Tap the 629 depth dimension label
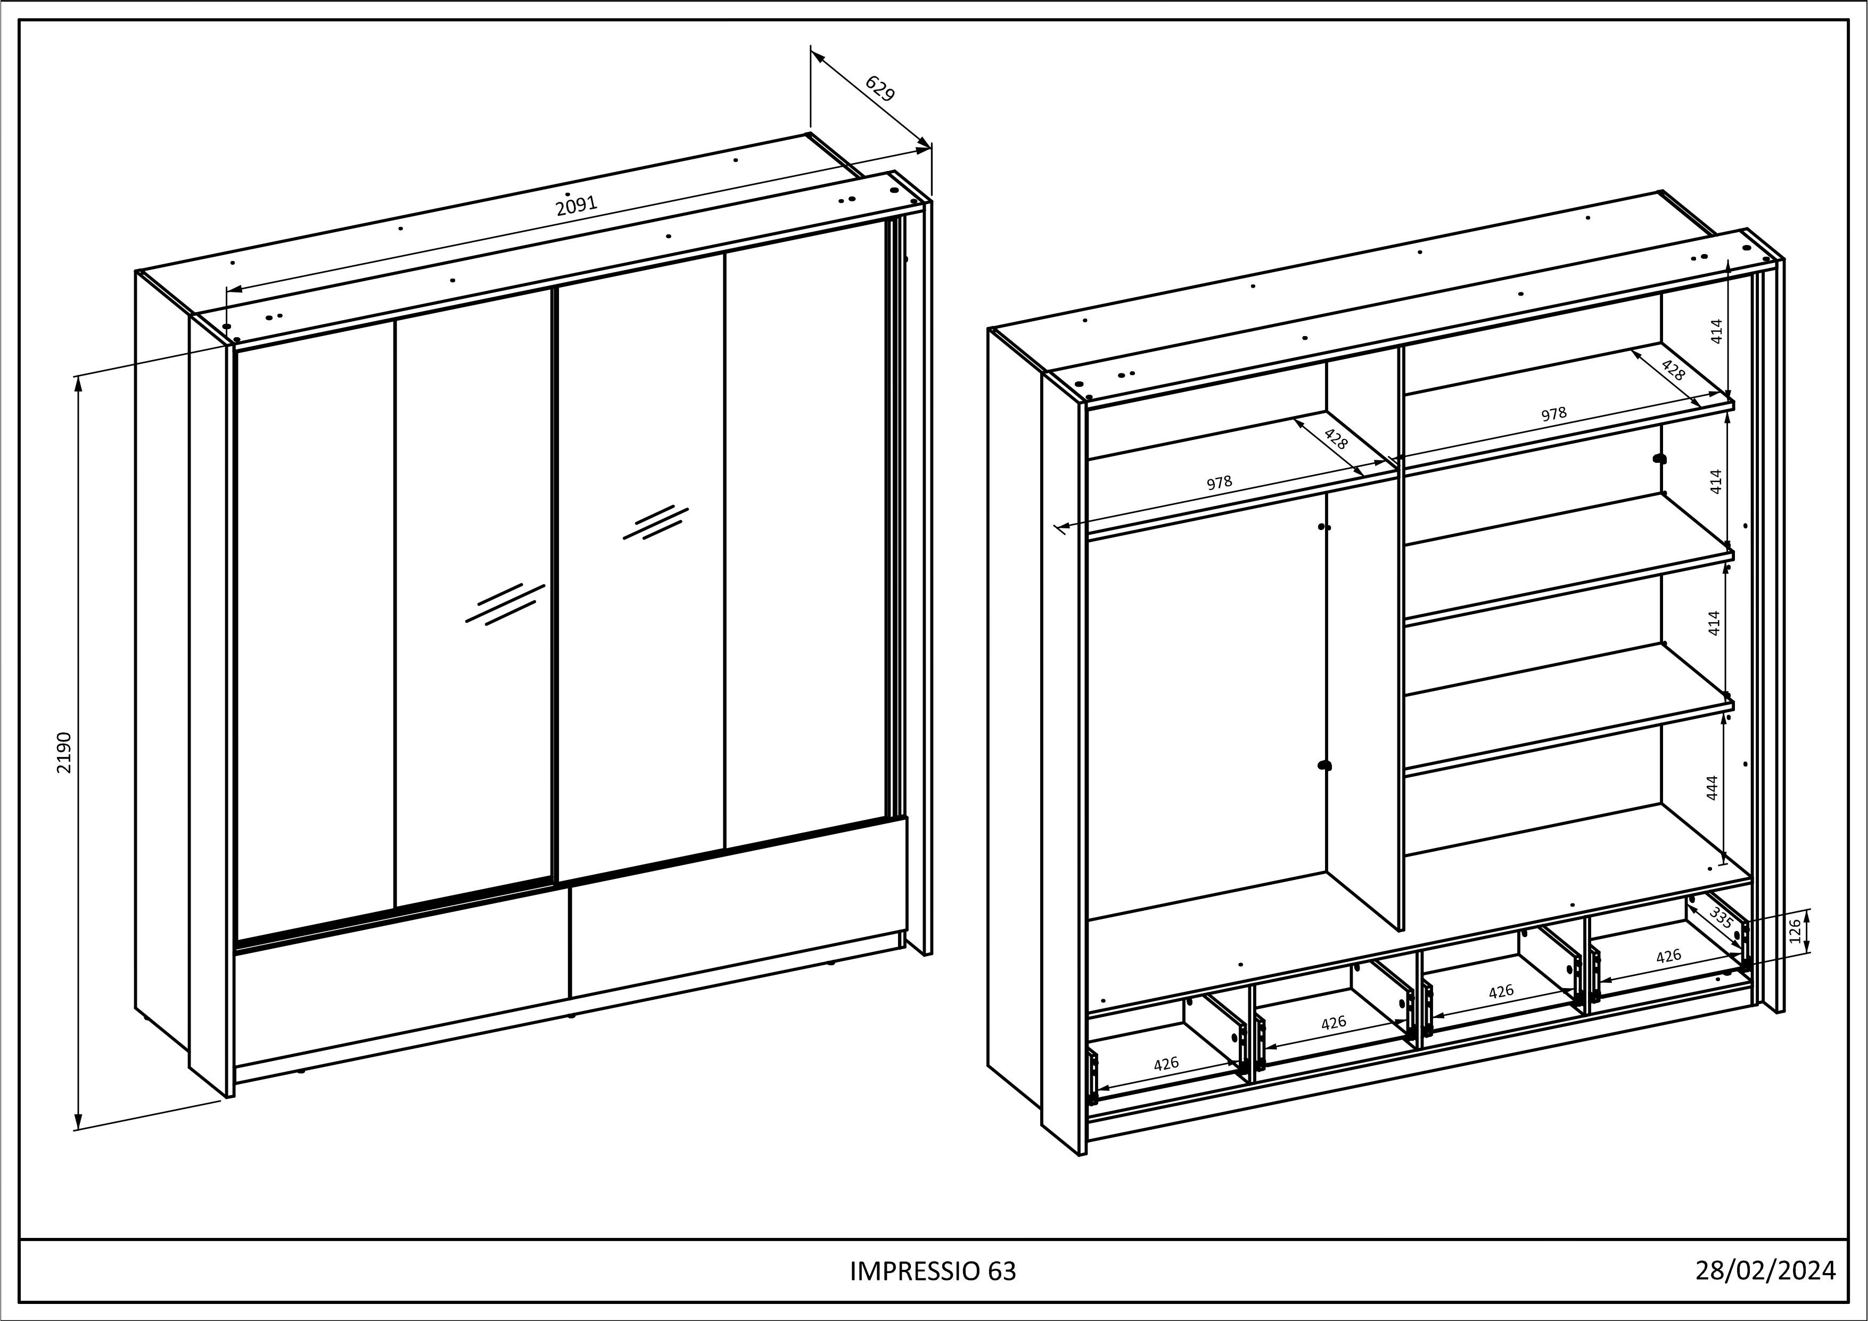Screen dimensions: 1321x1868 (879, 88)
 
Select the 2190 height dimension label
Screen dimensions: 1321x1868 (65, 753)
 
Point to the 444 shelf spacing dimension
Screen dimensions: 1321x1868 (1712, 788)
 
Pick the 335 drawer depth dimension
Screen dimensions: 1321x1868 (1720, 918)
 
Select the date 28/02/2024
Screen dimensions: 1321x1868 (1765, 1270)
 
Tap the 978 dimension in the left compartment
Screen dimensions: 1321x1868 (1219, 483)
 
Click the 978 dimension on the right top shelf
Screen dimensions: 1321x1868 (1553, 414)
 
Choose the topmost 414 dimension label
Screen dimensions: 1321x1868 (1716, 331)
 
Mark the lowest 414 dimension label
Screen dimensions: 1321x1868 (1714, 623)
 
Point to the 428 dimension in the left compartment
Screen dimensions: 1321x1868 (1336, 439)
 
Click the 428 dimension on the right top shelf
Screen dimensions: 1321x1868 (1673, 370)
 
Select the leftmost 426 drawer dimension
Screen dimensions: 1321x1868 (1166, 1063)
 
